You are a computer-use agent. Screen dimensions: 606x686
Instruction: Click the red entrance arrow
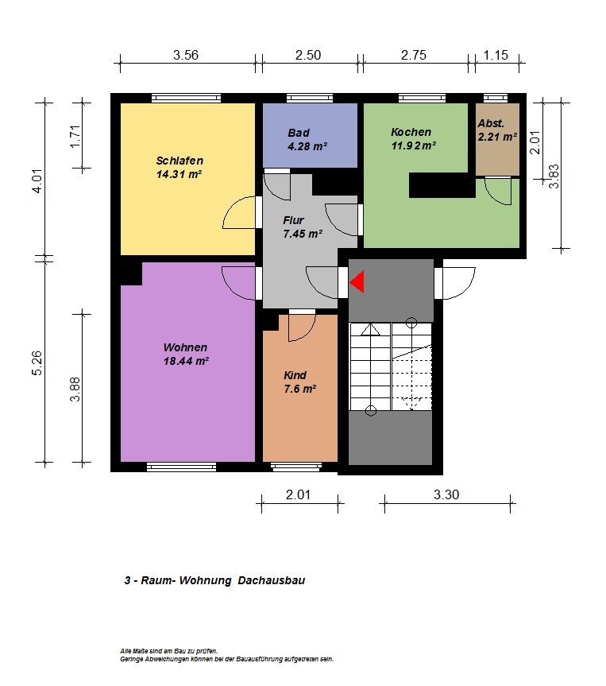click(357, 281)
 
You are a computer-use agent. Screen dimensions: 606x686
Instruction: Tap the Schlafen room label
click(179, 161)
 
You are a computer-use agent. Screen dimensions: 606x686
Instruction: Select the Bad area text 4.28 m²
click(307, 146)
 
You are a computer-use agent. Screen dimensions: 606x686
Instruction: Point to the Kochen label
click(411, 132)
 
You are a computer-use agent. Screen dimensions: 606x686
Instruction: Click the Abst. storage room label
click(491, 123)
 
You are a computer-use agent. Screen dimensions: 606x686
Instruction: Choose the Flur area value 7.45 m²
click(303, 234)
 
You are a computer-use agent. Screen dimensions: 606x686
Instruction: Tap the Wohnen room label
click(185, 347)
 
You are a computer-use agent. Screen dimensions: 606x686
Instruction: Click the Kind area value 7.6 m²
click(300, 389)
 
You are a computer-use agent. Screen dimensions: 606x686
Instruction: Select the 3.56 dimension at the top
click(186, 55)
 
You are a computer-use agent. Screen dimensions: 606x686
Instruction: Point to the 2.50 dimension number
click(308, 55)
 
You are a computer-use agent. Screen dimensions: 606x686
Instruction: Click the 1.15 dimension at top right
click(496, 55)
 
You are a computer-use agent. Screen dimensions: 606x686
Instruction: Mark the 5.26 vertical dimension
click(37, 362)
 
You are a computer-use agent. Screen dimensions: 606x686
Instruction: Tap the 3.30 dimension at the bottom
click(446, 494)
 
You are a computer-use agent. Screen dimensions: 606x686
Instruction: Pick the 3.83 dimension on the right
click(554, 176)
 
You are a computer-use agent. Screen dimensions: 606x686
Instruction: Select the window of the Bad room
click(310, 98)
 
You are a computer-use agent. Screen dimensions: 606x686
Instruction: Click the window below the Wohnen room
click(181, 467)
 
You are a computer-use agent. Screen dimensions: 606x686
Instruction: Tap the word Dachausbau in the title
click(272, 580)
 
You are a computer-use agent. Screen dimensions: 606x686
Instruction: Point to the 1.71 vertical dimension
click(75, 137)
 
